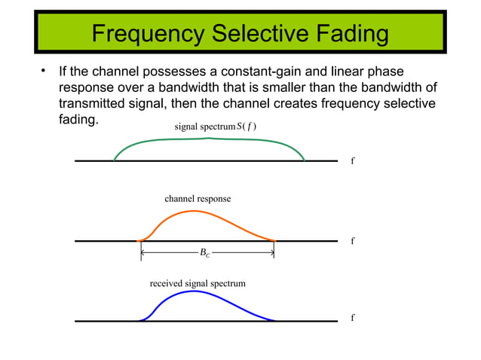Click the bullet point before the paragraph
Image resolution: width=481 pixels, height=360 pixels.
pos(44,72)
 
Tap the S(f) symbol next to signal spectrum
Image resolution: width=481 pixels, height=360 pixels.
pos(247,127)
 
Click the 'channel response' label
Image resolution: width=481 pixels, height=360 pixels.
pos(198,199)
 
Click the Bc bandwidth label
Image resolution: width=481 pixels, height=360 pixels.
pos(205,254)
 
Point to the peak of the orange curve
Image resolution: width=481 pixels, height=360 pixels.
pos(195,211)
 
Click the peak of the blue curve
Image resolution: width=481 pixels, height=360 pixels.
pos(195,291)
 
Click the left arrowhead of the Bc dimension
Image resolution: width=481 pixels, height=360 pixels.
pos(144,253)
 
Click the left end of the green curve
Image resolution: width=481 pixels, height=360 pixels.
pos(115,160)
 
